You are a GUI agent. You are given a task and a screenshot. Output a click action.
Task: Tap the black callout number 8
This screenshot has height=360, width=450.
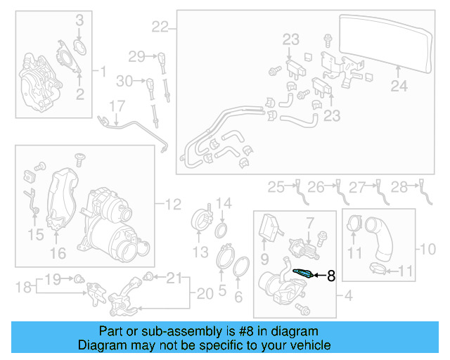click(x=330, y=276)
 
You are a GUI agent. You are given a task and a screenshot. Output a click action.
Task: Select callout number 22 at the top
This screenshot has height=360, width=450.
click(x=160, y=27)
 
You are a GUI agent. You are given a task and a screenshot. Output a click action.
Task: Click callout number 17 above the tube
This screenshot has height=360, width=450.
click(x=116, y=106)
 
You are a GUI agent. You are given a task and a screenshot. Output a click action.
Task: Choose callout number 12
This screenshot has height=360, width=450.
click(x=173, y=205)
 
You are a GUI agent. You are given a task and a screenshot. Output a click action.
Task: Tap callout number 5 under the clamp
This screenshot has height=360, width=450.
click(x=222, y=288)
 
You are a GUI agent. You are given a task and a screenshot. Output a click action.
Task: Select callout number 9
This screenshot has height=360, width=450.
click(x=265, y=259)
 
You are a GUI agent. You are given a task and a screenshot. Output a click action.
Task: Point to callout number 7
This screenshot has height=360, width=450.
click(x=308, y=224)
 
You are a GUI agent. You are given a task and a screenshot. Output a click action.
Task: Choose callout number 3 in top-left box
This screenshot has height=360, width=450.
click(x=79, y=20)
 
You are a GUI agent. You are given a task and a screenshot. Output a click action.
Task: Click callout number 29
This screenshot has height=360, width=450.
click(x=136, y=56)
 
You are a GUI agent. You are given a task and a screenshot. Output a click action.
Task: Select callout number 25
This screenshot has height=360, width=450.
click(x=276, y=186)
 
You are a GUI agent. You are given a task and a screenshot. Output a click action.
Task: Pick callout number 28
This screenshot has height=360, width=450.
click(x=399, y=186)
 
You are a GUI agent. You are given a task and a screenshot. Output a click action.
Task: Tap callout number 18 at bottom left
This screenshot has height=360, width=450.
click(x=19, y=286)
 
